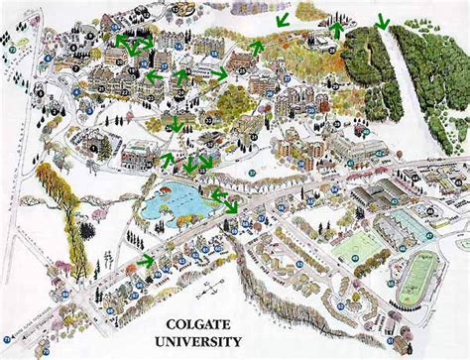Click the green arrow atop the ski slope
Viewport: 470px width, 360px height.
pyautogui.click(x=383, y=17)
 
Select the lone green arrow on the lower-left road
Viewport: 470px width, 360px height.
pyautogui.click(x=148, y=261)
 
